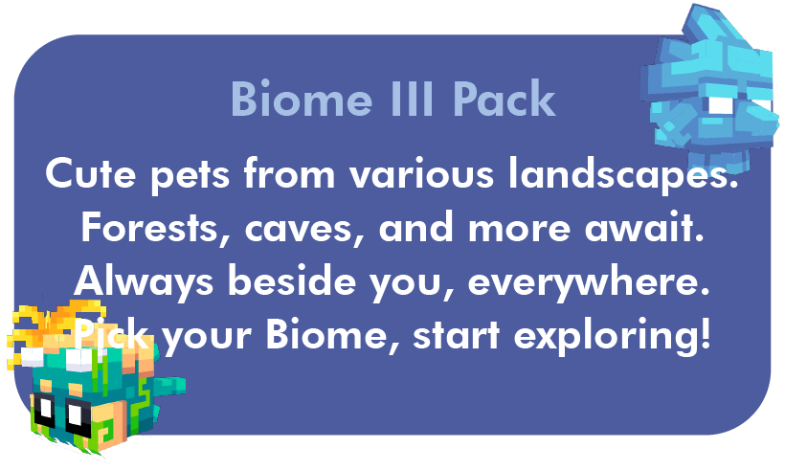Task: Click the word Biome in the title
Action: [302, 98]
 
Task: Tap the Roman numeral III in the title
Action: [411, 98]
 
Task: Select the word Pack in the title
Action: [505, 98]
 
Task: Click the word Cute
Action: [91, 173]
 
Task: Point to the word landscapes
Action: [623, 175]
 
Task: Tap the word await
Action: [644, 227]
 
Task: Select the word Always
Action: [144, 281]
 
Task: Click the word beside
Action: [291, 280]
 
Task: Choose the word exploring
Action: [612, 336]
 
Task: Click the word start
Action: [457, 335]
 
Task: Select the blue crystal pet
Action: [711, 90]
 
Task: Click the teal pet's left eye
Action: [44, 409]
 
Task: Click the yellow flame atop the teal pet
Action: [56, 323]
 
